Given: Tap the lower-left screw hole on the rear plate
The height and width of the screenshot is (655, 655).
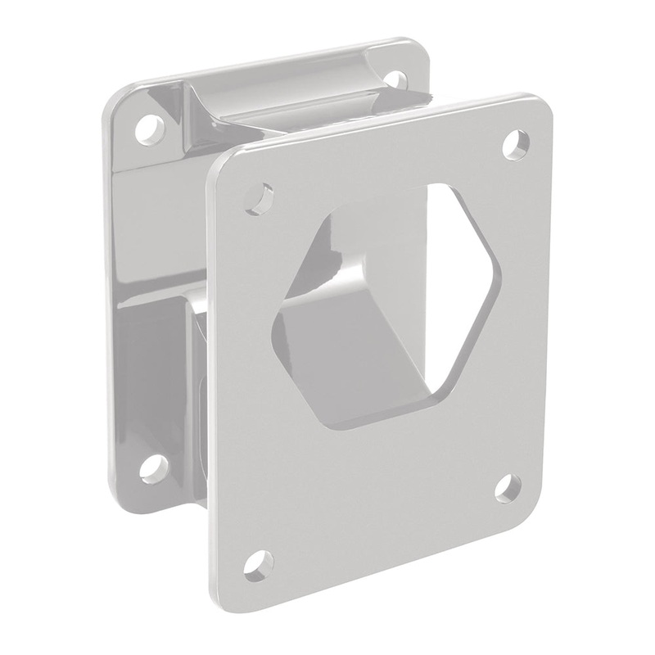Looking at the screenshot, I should coord(152,468).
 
